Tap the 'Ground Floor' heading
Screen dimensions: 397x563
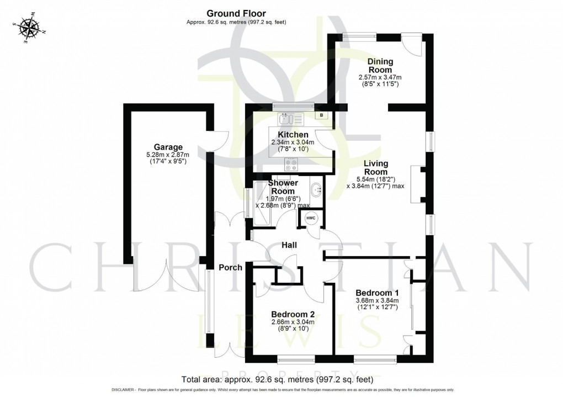(236, 13)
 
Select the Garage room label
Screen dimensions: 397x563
(168, 147)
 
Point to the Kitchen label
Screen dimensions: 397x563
(293, 135)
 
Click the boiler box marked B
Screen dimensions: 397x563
(321, 115)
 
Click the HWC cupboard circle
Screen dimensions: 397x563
(311, 218)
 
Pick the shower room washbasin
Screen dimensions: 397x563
(316, 190)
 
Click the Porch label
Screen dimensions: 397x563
(230, 268)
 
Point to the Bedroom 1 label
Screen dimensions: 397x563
(378, 292)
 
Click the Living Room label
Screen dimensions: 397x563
(375, 168)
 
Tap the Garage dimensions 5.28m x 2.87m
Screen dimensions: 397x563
(168, 155)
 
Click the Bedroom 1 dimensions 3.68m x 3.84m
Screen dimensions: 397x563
(378, 300)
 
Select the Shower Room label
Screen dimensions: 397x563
(283, 187)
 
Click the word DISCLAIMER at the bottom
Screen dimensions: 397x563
(124, 390)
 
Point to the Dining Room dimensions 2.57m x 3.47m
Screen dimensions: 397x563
(378, 78)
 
